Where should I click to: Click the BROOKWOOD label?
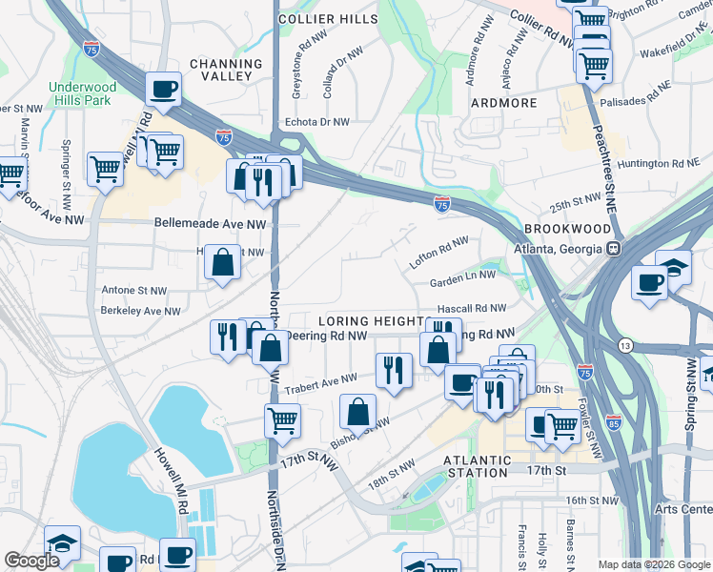click(x=566, y=230)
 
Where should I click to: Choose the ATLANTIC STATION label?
click(x=476, y=465)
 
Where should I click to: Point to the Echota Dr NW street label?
click(x=317, y=122)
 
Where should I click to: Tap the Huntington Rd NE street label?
click(x=658, y=163)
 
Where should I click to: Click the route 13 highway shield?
click(x=624, y=344)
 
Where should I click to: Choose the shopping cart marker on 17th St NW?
click(x=282, y=420)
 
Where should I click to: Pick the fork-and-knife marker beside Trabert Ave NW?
click(x=393, y=368)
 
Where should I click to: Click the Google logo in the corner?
click(x=31, y=562)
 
